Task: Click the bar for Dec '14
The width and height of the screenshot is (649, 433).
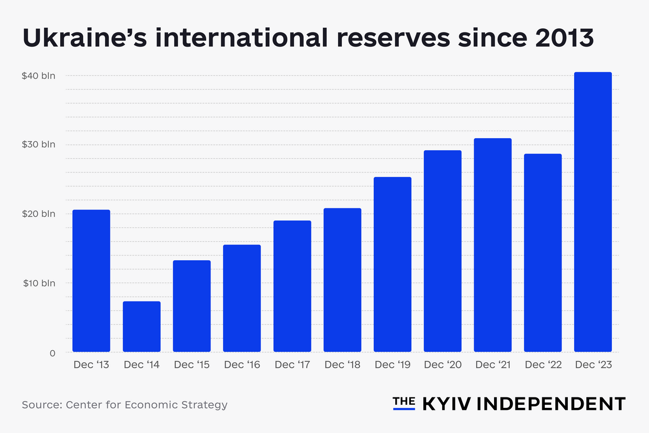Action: coord(141,326)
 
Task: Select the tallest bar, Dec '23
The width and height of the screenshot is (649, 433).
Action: coord(592,212)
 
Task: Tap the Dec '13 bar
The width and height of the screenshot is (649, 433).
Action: coord(91,281)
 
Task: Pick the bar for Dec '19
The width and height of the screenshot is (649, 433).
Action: coord(393,264)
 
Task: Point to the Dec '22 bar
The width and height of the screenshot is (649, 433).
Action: coord(543,253)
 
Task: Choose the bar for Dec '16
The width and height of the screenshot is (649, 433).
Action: coord(242,298)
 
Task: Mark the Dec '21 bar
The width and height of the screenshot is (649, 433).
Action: coord(493,245)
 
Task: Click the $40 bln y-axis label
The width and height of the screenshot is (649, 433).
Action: coord(38,76)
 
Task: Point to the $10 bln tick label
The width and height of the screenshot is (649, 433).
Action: coord(38,283)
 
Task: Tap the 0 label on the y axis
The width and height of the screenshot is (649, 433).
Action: coord(52,353)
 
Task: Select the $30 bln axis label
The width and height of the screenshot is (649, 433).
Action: coord(38,145)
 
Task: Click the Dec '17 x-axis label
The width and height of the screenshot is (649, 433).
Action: coord(292,365)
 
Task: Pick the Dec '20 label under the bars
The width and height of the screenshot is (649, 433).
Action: coord(442,365)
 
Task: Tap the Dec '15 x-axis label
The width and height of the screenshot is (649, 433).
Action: coord(192,365)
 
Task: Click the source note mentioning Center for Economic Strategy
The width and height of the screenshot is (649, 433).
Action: coord(125,405)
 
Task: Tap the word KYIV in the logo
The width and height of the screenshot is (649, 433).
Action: coord(446,404)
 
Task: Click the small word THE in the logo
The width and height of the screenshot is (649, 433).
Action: coord(404,401)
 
